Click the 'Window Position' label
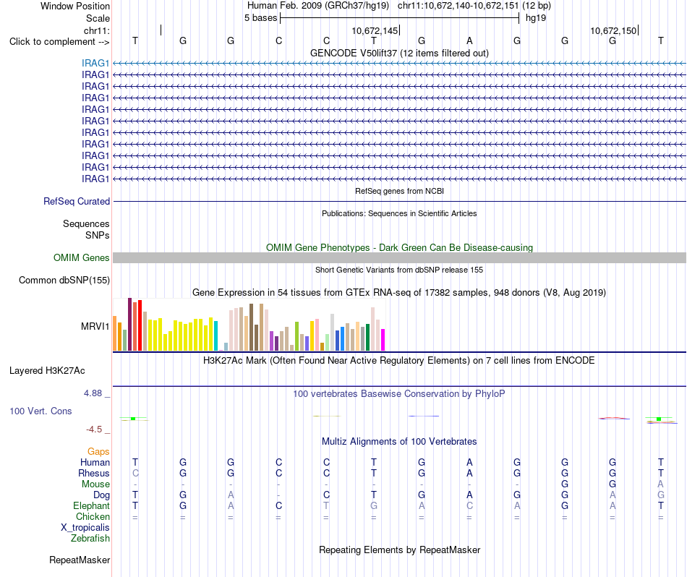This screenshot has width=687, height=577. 75,6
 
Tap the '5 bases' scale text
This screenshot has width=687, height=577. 260,18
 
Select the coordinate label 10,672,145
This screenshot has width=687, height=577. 375,30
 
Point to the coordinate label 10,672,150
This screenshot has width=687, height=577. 613,30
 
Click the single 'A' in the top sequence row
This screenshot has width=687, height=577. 469,40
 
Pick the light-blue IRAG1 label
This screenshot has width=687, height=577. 95,63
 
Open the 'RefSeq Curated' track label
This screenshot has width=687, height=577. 77,201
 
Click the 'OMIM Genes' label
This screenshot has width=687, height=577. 82,257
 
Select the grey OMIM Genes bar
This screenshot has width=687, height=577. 399,257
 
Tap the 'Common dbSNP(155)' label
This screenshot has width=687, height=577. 64,280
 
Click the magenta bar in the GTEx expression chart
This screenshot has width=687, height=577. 383,340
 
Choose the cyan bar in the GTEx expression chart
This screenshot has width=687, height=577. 216,335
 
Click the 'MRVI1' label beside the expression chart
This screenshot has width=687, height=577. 95,326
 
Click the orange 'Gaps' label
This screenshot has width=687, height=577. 98,451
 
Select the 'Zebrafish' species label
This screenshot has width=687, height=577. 90,538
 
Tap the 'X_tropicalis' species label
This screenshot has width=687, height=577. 85,527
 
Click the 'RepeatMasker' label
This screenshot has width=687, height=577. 80,560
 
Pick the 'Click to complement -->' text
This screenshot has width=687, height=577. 59,42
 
